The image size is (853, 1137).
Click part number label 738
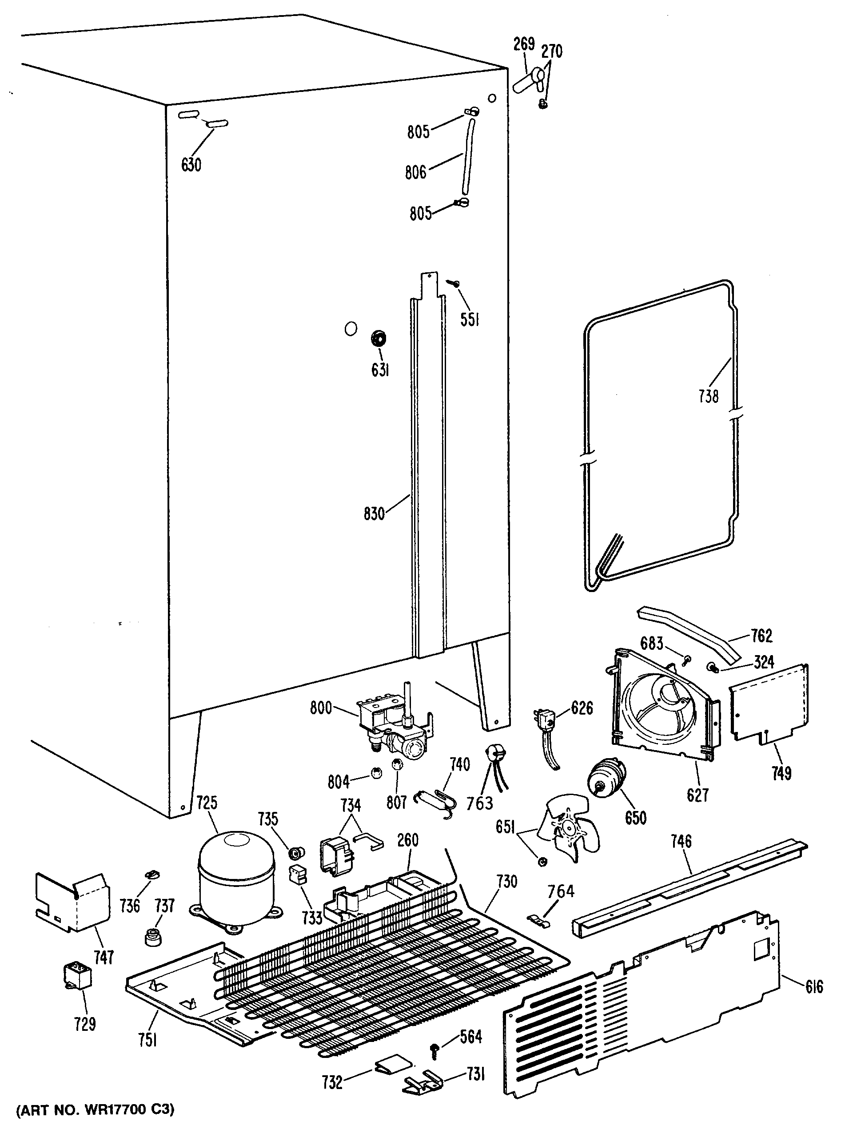pyautogui.click(x=708, y=396)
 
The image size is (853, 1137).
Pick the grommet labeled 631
pyautogui.click(x=379, y=339)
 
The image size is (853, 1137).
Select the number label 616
pyautogui.click(x=814, y=986)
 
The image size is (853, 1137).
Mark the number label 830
pyautogui.click(x=374, y=513)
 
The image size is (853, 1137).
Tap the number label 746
pyautogui.click(x=681, y=841)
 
